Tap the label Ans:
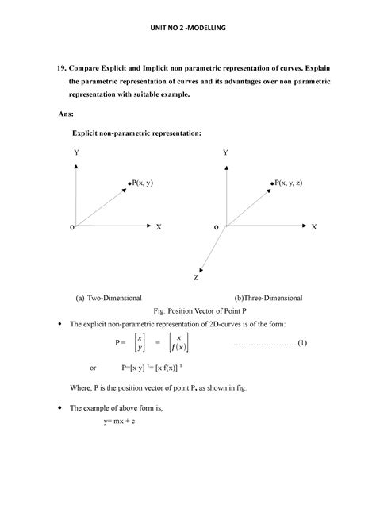pyautogui.click(x=69, y=114)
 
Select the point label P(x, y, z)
pyautogui.click(x=298, y=183)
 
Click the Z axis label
pyautogui.click(x=195, y=278)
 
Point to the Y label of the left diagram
pyautogui.click(x=76, y=152)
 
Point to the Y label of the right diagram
pyautogui.click(x=225, y=152)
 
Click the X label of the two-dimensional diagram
pyautogui.click(x=159, y=227)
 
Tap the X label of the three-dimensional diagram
pyautogui.click(x=313, y=227)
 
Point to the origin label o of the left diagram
pyautogui.click(x=71, y=227)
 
